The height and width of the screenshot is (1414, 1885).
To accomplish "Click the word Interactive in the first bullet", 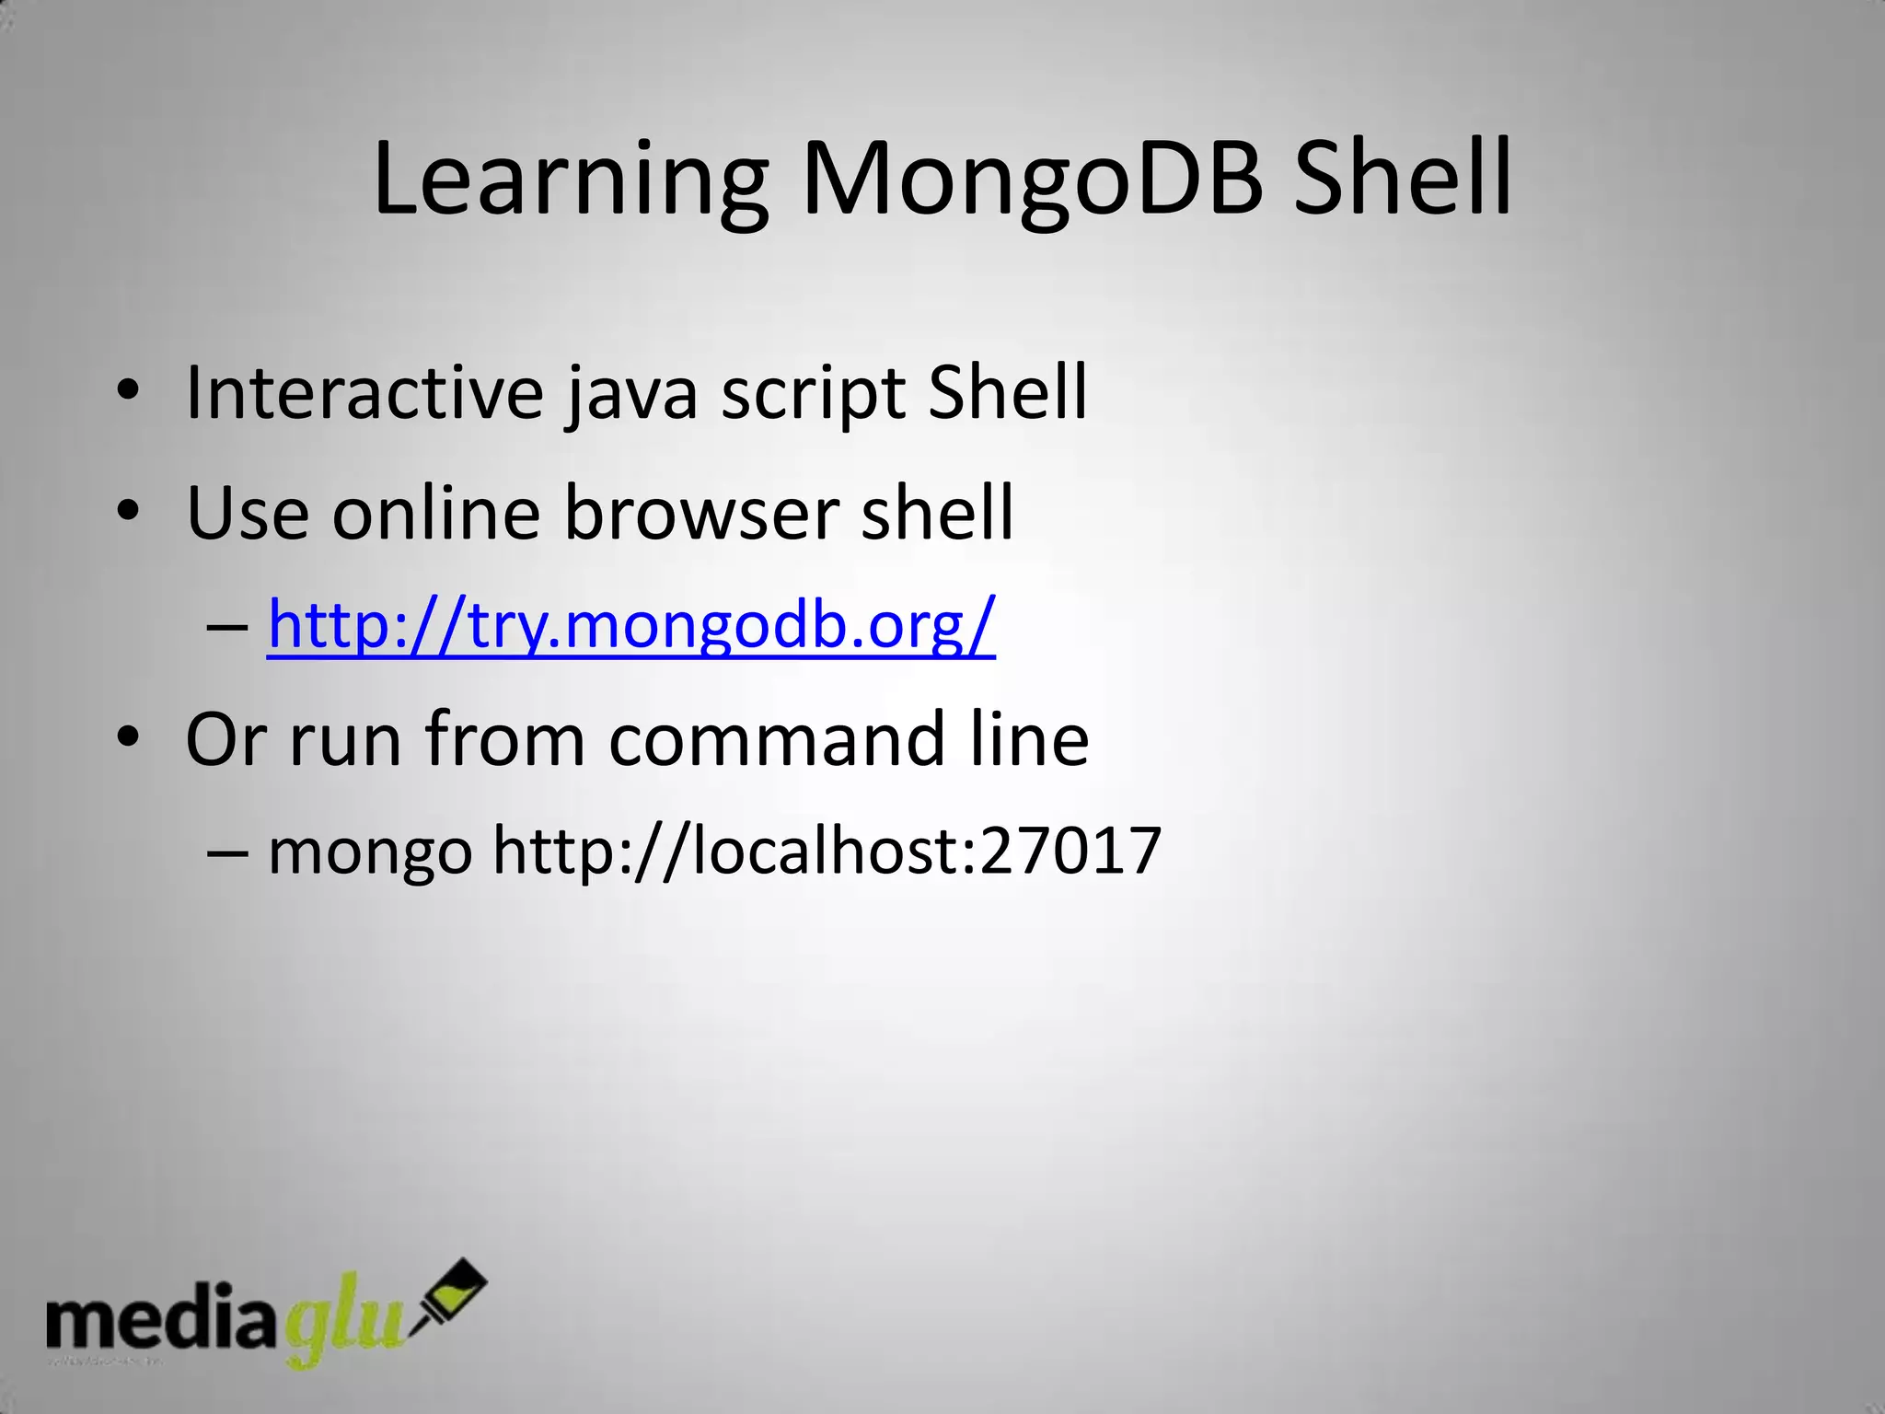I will (x=364, y=393).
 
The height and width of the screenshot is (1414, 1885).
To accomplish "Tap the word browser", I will (x=700, y=513).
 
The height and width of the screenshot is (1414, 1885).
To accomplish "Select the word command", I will (x=776, y=739).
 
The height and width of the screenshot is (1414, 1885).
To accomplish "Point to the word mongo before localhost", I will (x=370, y=852).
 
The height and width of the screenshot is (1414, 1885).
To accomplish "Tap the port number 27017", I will (x=1070, y=851).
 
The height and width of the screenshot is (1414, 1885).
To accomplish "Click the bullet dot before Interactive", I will (x=128, y=393).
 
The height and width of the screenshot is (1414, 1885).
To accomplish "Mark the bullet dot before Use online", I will (x=128, y=512).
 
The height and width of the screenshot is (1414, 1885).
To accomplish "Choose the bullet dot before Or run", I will (x=128, y=738).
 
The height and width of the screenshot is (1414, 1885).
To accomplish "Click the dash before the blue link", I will (x=227, y=627).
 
